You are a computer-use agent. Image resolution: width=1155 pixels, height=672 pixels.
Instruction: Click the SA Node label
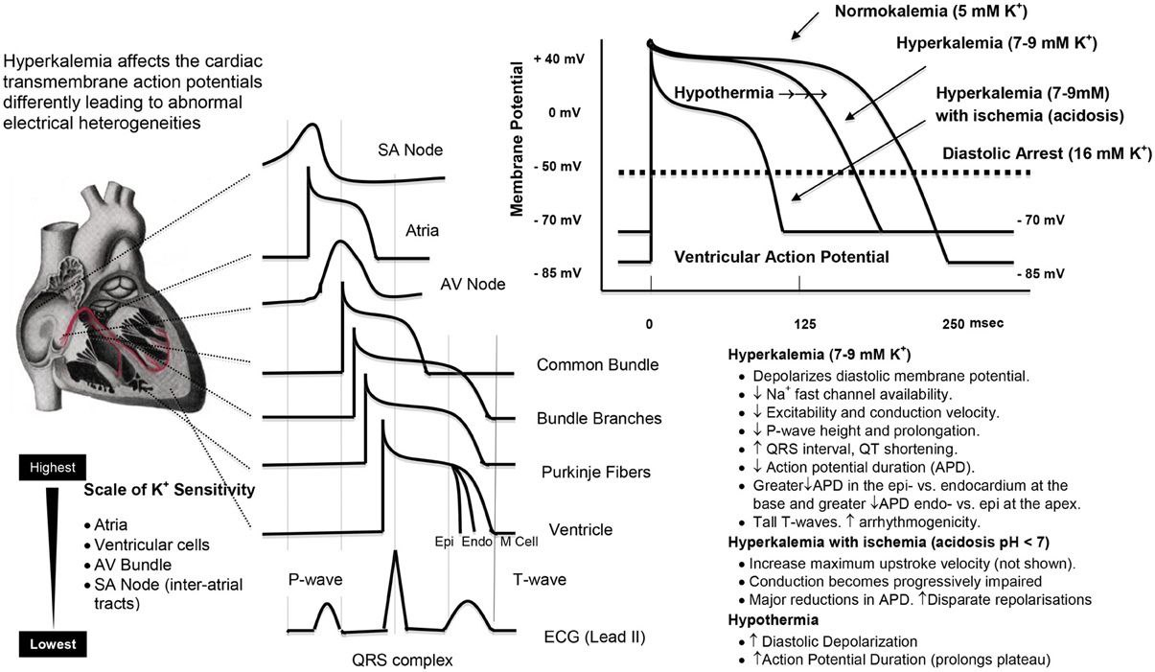tap(410, 151)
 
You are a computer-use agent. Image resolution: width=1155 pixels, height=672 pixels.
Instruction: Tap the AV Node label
tap(473, 284)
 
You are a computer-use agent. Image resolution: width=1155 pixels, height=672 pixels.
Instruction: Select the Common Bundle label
tap(597, 364)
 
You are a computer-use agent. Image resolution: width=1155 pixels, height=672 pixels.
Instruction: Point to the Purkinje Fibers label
tap(596, 472)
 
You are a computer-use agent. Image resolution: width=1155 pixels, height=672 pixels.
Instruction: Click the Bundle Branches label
tap(599, 418)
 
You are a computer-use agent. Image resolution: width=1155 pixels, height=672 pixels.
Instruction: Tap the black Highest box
tap(53, 467)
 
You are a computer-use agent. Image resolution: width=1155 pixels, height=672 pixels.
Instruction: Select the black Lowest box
tap(53, 644)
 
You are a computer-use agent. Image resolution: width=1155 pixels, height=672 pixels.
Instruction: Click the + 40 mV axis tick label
tap(559, 58)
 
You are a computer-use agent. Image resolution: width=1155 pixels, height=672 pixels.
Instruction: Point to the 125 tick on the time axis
tap(805, 324)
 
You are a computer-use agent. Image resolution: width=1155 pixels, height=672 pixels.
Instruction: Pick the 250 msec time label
tap(973, 323)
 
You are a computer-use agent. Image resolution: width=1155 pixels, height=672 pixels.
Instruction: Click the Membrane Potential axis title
tap(517, 139)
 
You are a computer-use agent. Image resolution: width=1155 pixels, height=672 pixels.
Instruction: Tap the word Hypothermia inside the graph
tap(724, 93)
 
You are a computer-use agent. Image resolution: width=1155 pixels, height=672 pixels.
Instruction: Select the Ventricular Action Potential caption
tap(782, 257)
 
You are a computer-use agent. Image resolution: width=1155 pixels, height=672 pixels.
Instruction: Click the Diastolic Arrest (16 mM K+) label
tap(1047, 153)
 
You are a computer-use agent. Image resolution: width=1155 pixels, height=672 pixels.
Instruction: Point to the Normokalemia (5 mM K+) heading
tap(932, 12)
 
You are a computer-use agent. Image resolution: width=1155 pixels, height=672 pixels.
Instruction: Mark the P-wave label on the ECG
tap(315, 580)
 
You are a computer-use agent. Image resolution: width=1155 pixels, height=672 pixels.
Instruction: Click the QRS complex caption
tap(403, 660)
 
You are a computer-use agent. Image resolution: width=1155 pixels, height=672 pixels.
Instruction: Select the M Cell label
tap(520, 542)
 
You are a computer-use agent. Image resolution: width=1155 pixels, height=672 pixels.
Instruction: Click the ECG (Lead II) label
tap(594, 637)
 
